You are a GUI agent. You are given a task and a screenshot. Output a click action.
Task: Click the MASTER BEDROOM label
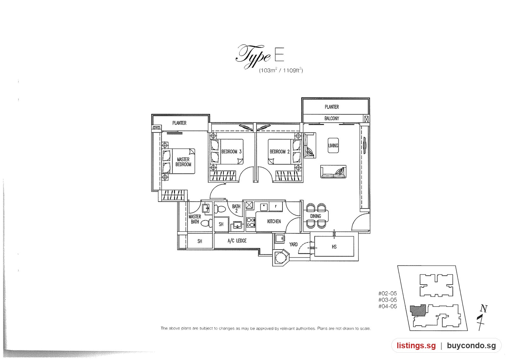click(x=183, y=162)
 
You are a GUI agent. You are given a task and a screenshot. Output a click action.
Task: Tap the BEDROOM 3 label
click(x=231, y=152)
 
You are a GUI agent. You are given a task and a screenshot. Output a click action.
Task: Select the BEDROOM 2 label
click(x=280, y=152)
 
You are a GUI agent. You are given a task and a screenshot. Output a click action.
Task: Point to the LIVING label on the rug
click(x=333, y=145)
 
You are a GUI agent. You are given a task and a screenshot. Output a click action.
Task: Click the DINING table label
click(x=316, y=216)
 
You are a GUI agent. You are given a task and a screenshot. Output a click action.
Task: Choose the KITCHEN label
click(x=274, y=221)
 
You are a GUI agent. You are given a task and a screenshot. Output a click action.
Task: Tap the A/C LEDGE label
click(x=237, y=241)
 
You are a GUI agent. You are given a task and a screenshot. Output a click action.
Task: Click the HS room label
click(x=334, y=247)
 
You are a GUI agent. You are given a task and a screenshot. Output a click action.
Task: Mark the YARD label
click(x=293, y=244)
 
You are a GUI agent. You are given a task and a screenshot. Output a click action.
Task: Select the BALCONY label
click(x=331, y=118)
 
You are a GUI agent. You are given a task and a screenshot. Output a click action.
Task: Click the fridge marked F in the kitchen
click(x=276, y=207)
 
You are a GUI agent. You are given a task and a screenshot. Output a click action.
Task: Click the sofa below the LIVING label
click(x=333, y=172)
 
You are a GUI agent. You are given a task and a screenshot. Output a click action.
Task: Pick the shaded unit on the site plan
click(x=418, y=310)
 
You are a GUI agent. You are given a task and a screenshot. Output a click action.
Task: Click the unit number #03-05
click(x=388, y=300)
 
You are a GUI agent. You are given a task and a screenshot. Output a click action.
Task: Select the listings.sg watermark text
click(x=416, y=346)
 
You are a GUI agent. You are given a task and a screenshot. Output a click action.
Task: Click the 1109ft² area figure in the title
click(x=293, y=70)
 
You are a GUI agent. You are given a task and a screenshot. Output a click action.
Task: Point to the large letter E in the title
click(x=279, y=54)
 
